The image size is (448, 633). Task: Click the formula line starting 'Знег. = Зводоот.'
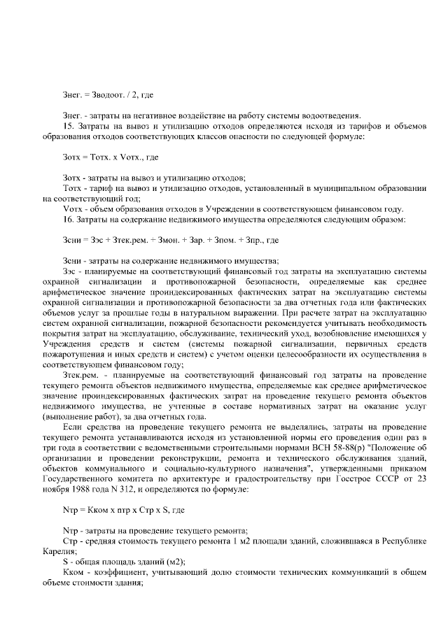108,94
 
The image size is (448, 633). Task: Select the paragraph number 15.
67,125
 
